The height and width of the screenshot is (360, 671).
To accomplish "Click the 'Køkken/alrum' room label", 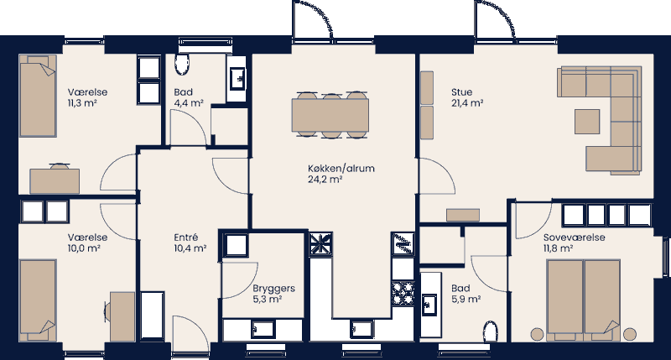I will point(341,168).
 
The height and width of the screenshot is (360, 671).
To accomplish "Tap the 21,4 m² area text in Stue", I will point(466,103).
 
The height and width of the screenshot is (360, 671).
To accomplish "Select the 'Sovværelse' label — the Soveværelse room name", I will point(574,237).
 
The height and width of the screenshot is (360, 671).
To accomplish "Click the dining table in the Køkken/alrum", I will point(330,113).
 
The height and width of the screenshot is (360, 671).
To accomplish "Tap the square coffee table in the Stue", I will point(587,121).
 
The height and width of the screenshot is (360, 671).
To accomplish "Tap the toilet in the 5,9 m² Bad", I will point(491,331).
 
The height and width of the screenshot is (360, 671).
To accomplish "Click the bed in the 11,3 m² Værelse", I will point(38,97).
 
